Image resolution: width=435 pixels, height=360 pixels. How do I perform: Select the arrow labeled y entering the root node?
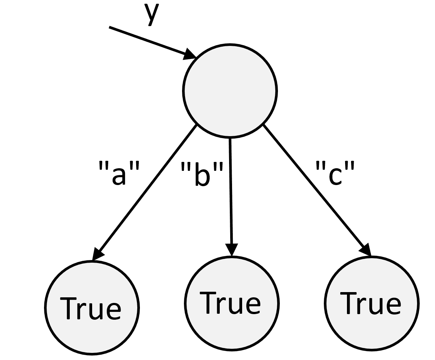point(149,41)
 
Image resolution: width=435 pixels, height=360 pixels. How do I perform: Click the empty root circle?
point(229,91)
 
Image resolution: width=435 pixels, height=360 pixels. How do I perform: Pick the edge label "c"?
point(335,174)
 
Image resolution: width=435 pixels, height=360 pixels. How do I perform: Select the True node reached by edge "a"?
point(91,307)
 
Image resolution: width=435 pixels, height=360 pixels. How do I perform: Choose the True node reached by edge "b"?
point(231,303)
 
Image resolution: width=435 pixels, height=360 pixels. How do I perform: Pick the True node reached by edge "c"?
point(372,303)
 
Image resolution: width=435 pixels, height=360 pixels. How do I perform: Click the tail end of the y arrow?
point(110,27)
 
